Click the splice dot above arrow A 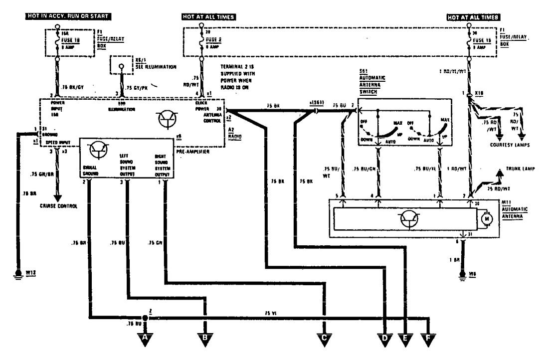click(x=145, y=317)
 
